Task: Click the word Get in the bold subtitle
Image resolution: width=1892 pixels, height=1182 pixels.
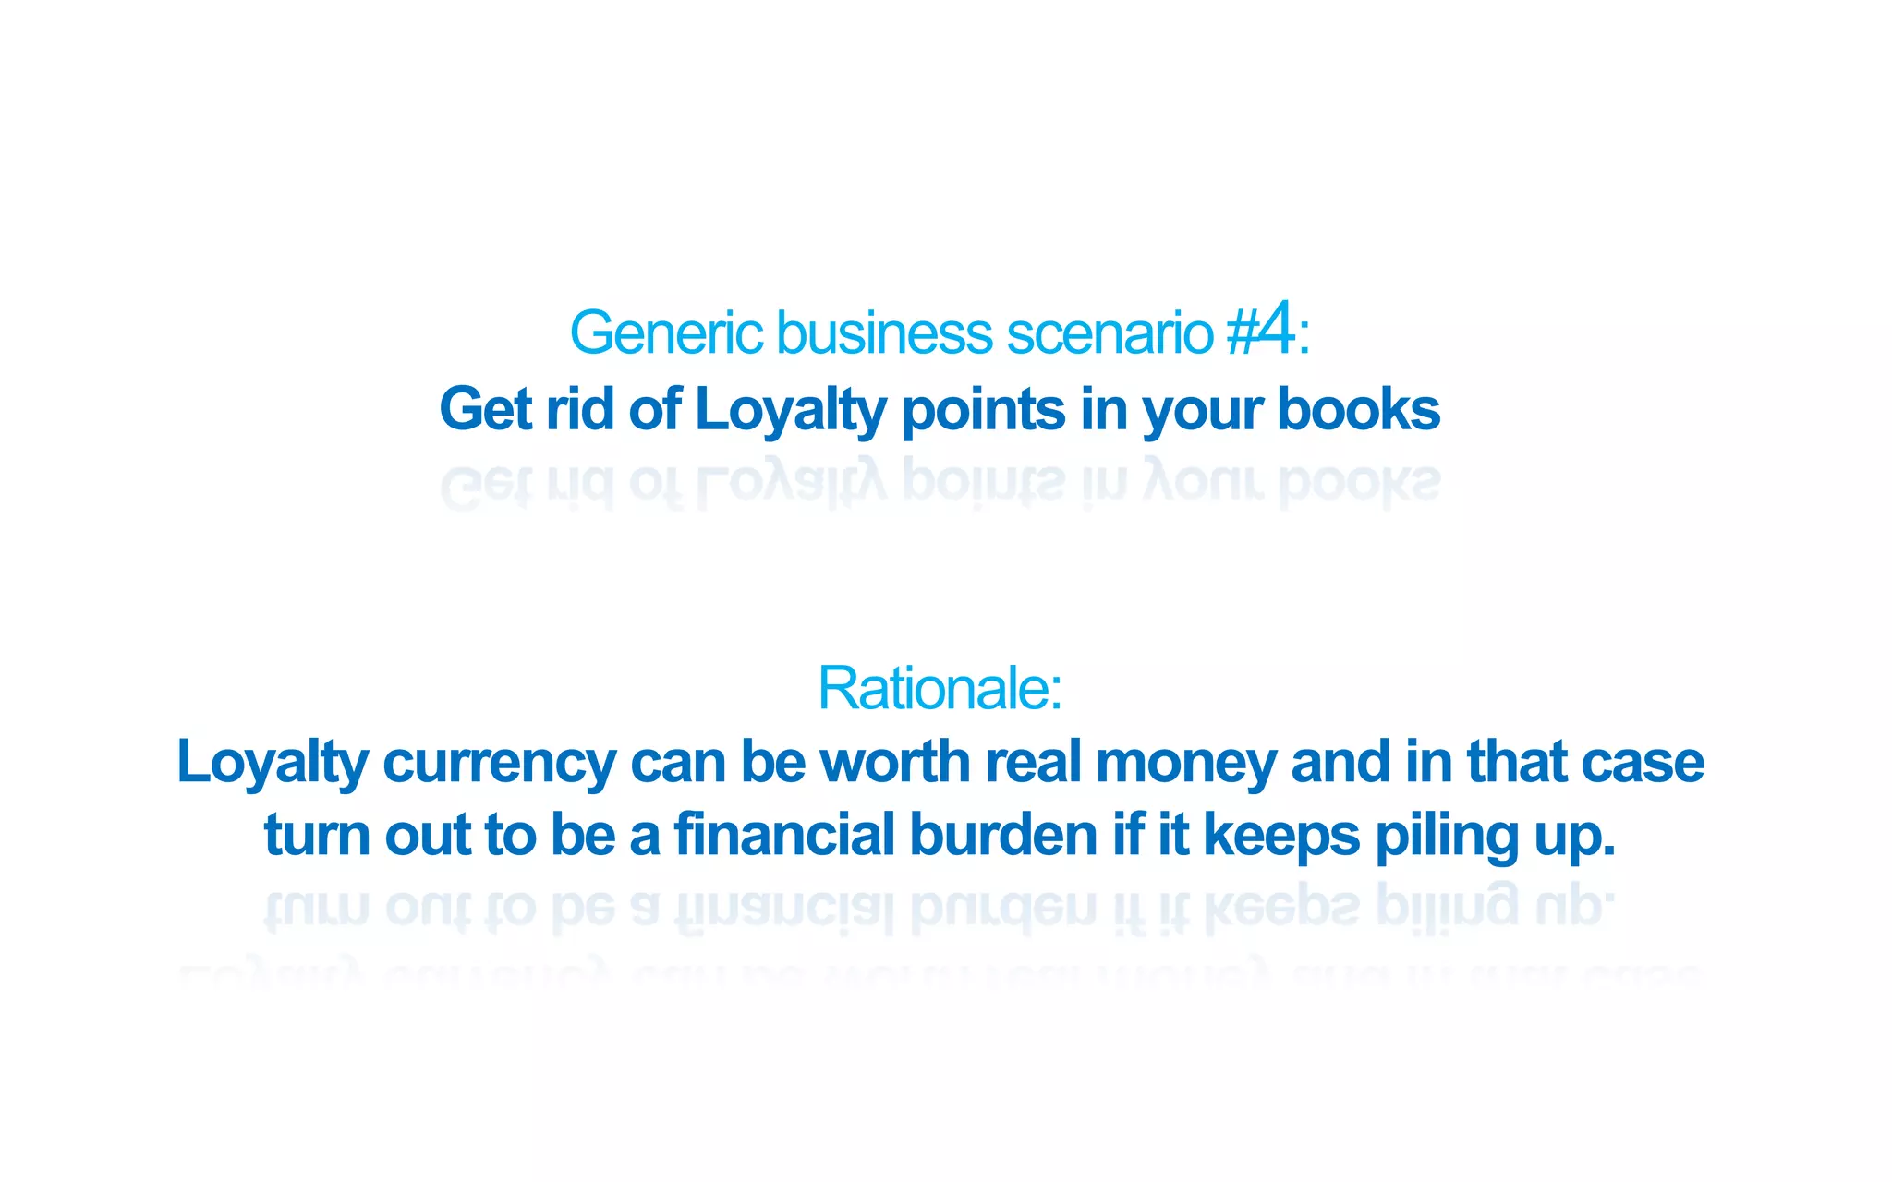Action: [x=485, y=409]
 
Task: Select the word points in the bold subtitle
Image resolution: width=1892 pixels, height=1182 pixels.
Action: [x=983, y=409]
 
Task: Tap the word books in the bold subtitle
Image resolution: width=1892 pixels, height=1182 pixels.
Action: [x=1358, y=409]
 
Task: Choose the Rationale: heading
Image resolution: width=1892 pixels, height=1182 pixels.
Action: [x=940, y=688]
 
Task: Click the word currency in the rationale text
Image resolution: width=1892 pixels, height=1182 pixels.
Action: [x=499, y=764]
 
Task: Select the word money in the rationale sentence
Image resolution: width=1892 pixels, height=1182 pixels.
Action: [x=1185, y=764]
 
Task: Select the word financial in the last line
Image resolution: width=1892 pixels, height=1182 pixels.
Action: [x=784, y=835]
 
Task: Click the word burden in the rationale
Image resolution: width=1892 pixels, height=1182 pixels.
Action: [x=1002, y=835]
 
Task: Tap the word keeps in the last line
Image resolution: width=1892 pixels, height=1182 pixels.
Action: [x=1281, y=837]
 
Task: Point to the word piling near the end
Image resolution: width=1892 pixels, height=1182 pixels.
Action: [x=1447, y=837]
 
